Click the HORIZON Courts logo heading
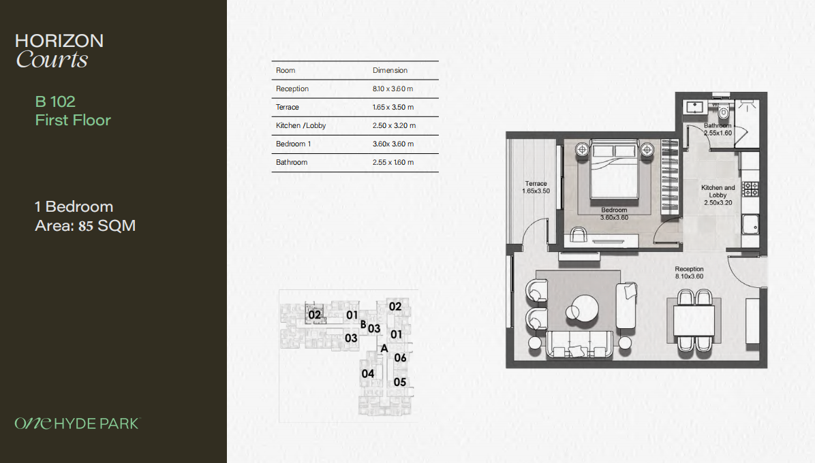[59, 50]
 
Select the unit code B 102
[55, 101]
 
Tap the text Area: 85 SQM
[85, 226]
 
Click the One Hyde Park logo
[78, 423]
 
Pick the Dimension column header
[390, 70]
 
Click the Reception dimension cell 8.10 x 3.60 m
[393, 89]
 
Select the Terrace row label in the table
[288, 107]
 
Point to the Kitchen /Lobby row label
[301, 125]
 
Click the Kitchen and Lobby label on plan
[718, 195]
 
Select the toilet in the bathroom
[723, 110]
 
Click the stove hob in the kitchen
[750, 189]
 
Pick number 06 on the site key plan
[400, 357]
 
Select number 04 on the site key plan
[368, 374]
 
